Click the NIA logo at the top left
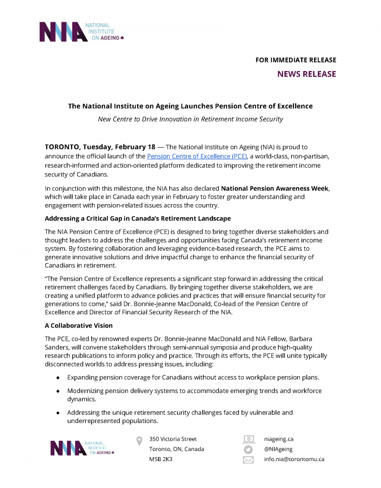pos(81,31)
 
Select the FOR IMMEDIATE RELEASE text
pos(296,60)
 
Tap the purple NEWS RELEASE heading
pos(306,74)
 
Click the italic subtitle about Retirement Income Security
pos(190,119)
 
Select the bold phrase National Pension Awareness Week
pos(275,188)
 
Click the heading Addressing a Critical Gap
pos(138,218)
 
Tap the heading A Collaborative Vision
pos(79,325)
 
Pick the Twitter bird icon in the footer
pos(248,449)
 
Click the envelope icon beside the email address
pos(248,460)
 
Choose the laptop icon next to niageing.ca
pos(248,439)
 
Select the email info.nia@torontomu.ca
pos(294,459)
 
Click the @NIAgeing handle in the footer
pos(278,449)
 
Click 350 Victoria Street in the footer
pos(173,439)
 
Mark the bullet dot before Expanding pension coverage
pos(58,378)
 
